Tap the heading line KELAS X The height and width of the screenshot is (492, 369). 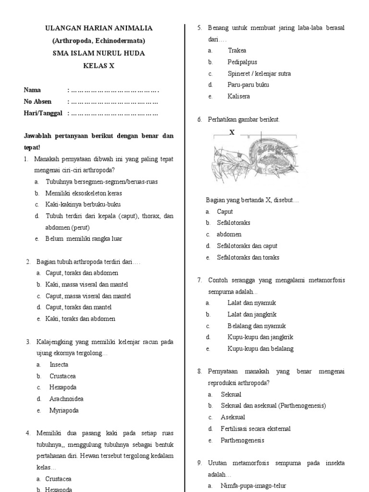click(x=98, y=66)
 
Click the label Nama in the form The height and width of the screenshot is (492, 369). click(x=32, y=90)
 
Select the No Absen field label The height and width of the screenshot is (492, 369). click(x=37, y=102)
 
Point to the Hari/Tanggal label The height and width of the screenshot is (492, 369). click(x=44, y=113)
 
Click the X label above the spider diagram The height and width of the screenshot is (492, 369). click(x=232, y=132)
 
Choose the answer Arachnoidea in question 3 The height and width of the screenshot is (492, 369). click(x=66, y=399)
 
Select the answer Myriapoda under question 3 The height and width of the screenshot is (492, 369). click(x=64, y=411)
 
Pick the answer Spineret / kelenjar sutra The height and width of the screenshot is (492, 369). click(x=259, y=74)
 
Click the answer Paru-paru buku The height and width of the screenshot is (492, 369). click(x=248, y=85)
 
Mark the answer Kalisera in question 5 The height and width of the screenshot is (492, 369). click(x=239, y=97)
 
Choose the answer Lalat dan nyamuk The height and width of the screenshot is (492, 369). click(x=252, y=303)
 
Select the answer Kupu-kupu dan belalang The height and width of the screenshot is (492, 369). click(x=260, y=349)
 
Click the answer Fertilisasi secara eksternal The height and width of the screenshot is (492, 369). click(x=256, y=429)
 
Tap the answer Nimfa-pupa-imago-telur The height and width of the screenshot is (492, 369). click(x=253, y=486)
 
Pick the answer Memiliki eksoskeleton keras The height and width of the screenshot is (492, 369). click(x=84, y=193)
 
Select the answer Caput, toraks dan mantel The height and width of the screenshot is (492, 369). click(x=78, y=307)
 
